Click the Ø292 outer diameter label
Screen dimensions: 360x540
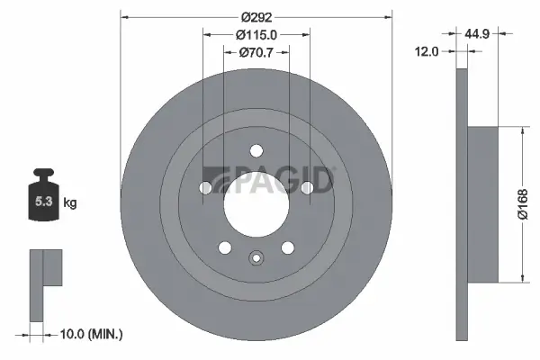256,16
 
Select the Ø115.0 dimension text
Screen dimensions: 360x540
256,35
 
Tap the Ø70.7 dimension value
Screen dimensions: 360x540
256,53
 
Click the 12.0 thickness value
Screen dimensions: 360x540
427,51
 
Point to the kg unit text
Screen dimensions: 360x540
70,203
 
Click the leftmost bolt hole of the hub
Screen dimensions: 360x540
205,187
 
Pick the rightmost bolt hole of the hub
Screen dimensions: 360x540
307,187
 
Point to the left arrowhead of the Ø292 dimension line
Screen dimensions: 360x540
123,16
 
